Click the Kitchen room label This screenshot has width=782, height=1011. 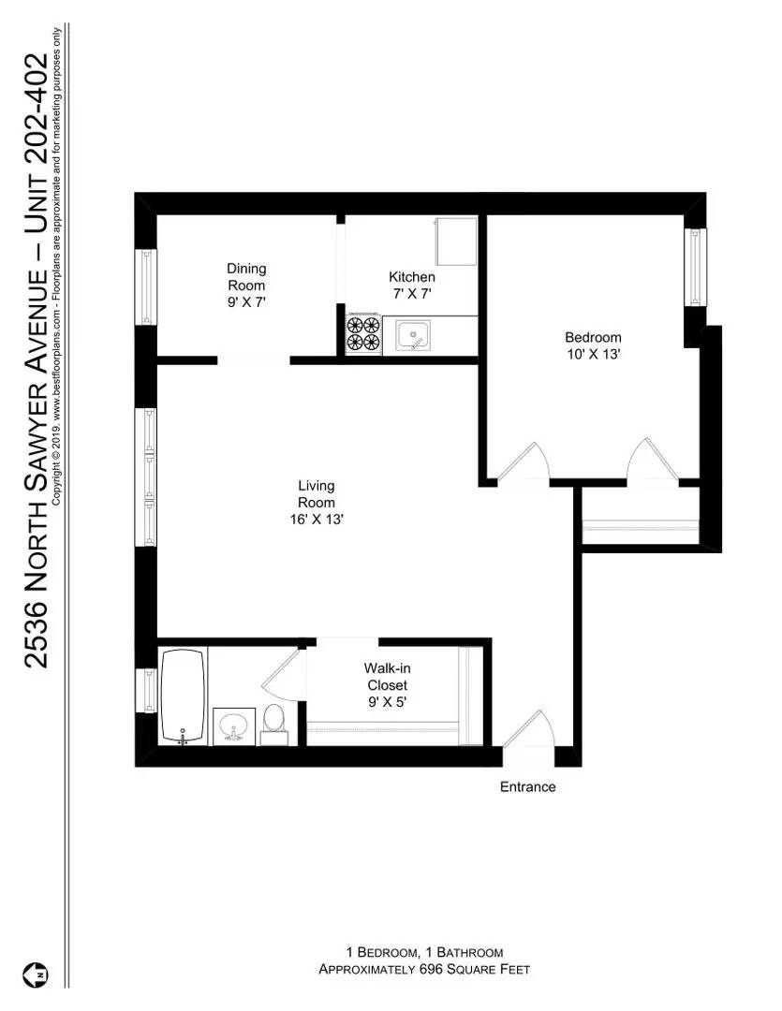pyautogui.click(x=412, y=277)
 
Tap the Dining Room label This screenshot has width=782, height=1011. pyautogui.click(x=246, y=277)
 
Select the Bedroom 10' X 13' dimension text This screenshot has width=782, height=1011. pyautogui.click(x=592, y=355)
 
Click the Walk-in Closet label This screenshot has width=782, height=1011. pyautogui.click(x=386, y=676)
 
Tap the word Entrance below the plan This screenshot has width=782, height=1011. pyautogui.click(x=527, y=787)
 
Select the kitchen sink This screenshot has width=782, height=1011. pyautogui.click(x=413, y=335)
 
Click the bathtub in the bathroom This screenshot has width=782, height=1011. pyautogui.click(x=183, y=695)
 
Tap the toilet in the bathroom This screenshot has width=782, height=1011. pyautogui.click(x=273, y=722)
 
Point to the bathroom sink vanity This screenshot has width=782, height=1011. pyautogui.click(x=232, y=725)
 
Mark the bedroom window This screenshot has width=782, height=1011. pyautogui.click(x=695, y=266)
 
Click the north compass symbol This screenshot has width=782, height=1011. pyautogui.click(x=39, y=974)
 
